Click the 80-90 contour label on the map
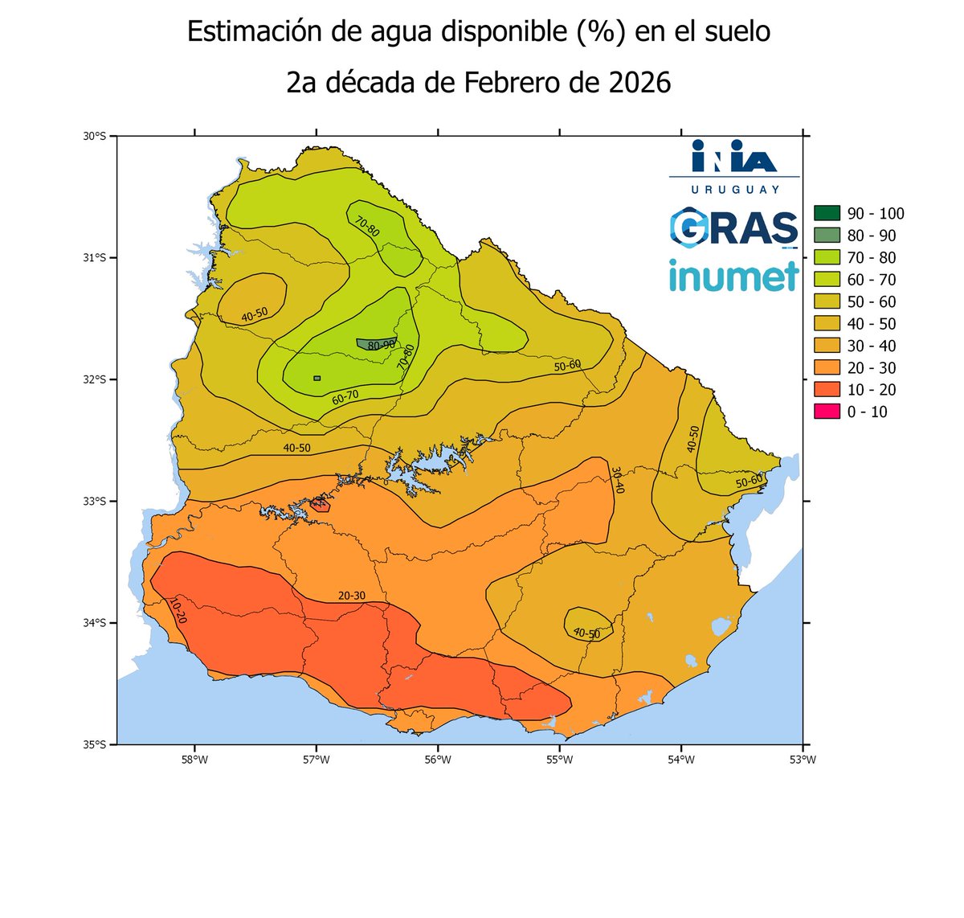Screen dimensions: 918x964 pyautogui.click(x=381, y=345)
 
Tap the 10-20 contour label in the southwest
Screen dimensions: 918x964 pyautogui.click(x=178, y=610)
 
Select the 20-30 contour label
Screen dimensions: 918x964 pyautogui.click(x=351, y=596)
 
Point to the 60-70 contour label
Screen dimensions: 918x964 pyautogui.click(x=345, y=396)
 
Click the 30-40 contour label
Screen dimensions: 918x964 pyautogui.click(x=616, y=480)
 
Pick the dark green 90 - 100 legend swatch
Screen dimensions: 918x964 pyautogui.click(x=827, y=213)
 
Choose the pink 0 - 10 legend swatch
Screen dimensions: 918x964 pyautogui.click(x=827, y=412)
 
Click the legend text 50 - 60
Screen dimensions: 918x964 pyautogui.click(x=872, y=301)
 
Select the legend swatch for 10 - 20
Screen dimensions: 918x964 pyautogui.click(x=827, y=390)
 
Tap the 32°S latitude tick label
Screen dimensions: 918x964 pyautogui.click(x=95, y=379)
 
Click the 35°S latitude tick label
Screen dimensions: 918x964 pyautogui.click(x=95, y=744)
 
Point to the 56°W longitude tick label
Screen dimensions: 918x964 pyautogui.click(x=437, y=759)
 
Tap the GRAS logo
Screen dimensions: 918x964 pyautogui.click(x=733, y=227)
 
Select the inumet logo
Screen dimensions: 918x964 pyautogui.click(x=733, y=274)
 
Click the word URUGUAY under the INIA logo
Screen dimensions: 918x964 pyautogui.click(x=734, y=189)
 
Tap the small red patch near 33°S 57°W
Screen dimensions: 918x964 pyautogui.click(x=321, y=503)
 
